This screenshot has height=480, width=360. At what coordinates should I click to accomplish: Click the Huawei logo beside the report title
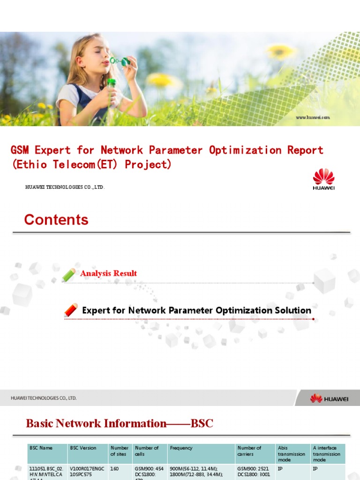[x=323, y=179]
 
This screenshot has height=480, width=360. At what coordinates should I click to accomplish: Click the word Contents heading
[x=56, y=220]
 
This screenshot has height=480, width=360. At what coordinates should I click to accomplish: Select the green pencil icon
[x=69, y=275]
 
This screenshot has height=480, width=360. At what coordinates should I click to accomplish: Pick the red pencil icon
[x=71, y=310]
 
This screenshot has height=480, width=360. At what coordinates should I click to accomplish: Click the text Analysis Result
[x=108, y=273]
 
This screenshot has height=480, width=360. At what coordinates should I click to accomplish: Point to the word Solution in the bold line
[x=293, y=310]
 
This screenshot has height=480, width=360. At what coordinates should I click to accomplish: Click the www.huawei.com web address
[x=313, y=117]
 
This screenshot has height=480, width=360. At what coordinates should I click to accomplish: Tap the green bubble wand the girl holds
[x=120, y=61]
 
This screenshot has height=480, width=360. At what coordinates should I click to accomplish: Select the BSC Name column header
[x=41, y=448]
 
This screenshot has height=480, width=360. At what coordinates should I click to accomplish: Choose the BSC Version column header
[x=83, y=448]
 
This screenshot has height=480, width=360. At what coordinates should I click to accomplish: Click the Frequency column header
[x=181, y=448]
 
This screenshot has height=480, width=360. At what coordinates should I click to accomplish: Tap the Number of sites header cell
[x=119, y=451]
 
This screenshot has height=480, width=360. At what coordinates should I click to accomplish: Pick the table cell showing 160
[x=115, y=468]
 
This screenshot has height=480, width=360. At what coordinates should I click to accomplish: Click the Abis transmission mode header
[x=291, y=454]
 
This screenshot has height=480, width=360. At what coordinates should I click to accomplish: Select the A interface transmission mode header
[x=327, y=454]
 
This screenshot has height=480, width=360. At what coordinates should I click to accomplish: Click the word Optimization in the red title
[x=246, y=150]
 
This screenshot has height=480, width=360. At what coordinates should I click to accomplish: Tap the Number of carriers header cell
[x=249, y=451]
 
